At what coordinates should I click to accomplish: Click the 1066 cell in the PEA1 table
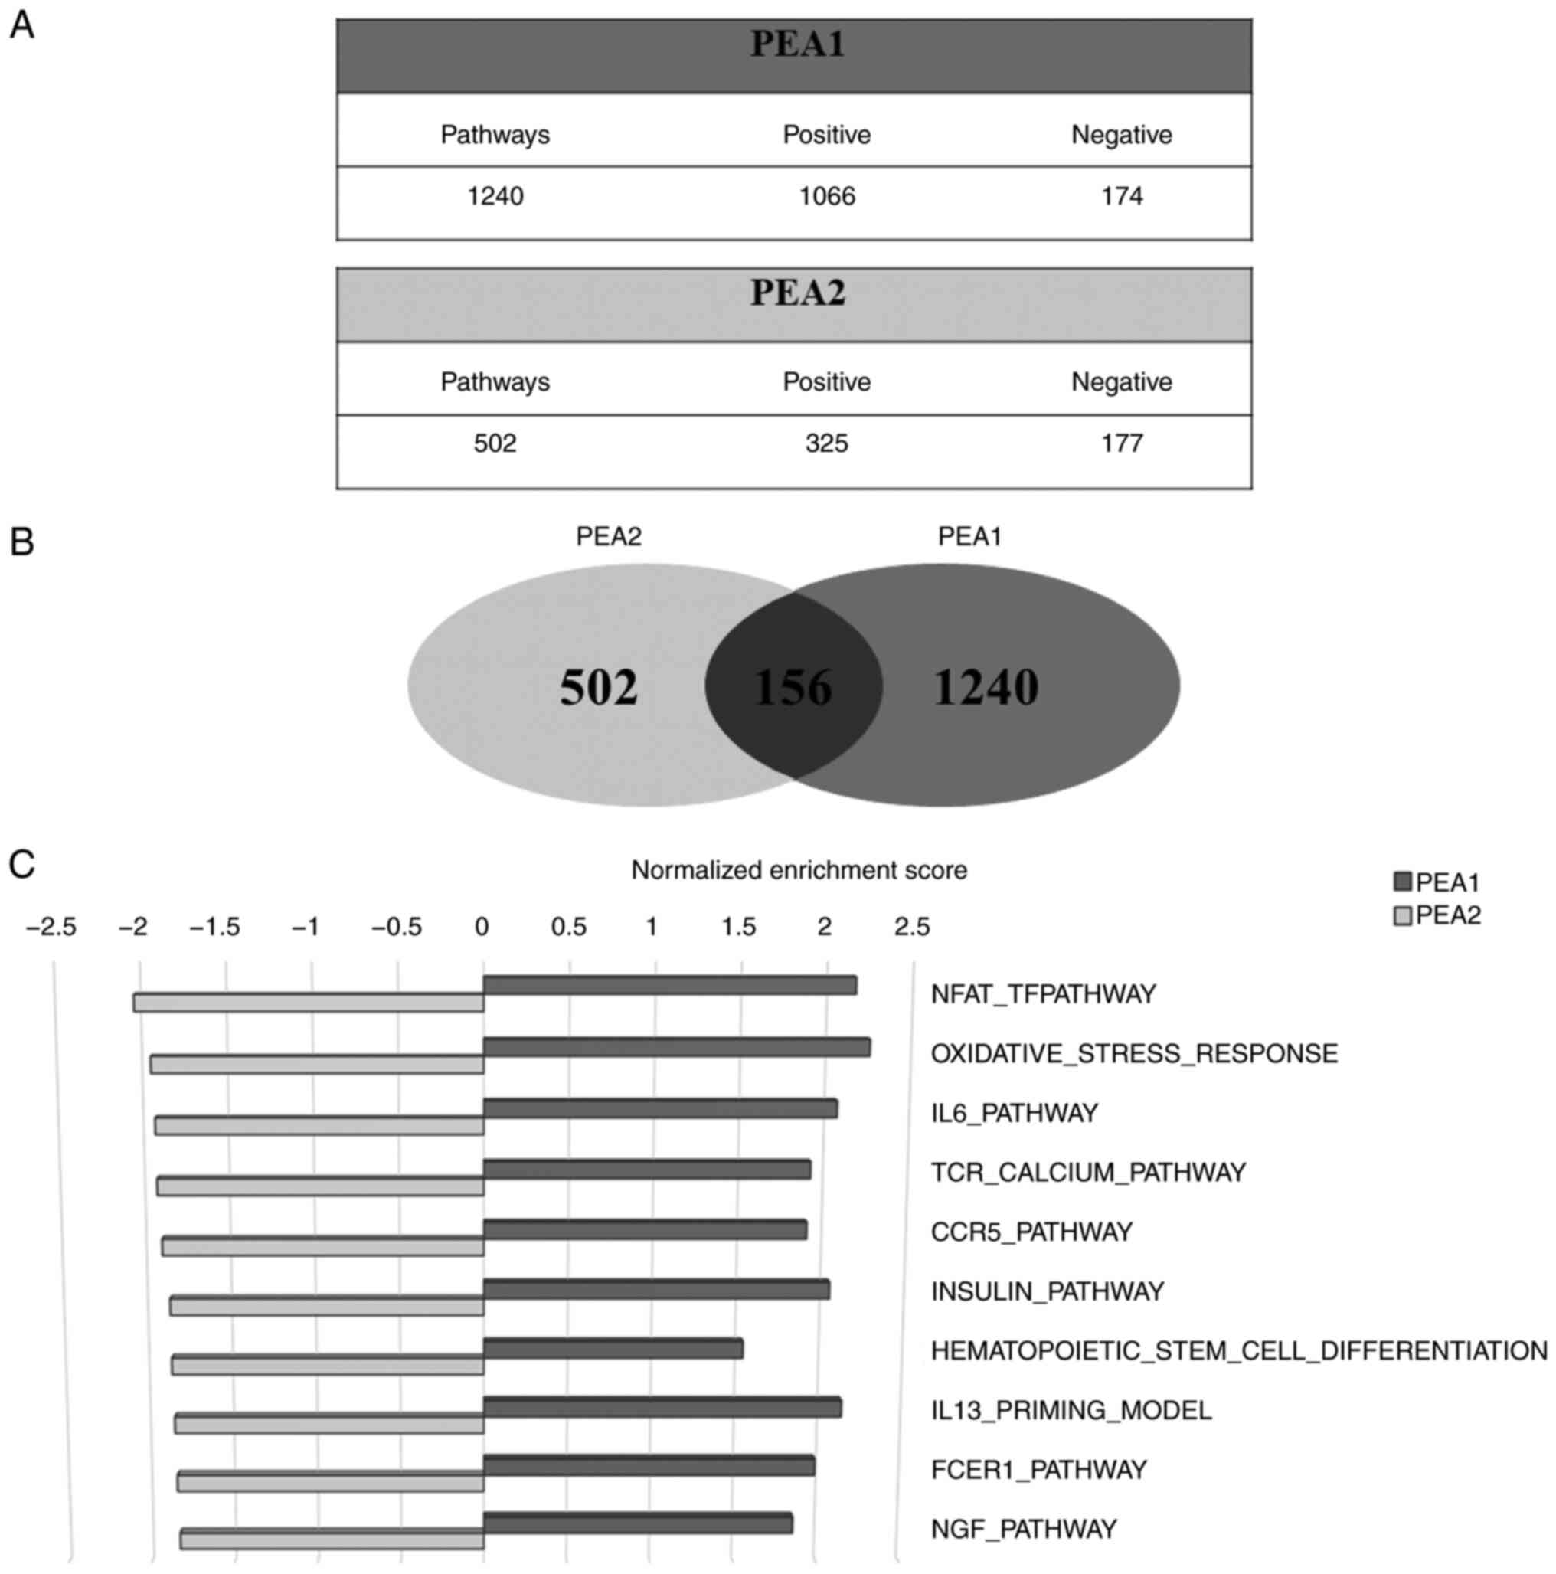(826, 196)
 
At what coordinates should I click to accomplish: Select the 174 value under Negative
(1121, 196)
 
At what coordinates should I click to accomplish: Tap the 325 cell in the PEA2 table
(826, 444)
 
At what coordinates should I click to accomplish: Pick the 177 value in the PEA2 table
(1121, 444)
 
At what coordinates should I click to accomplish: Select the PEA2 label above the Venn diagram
(609, 537)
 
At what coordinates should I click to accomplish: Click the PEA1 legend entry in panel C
(1437, 882)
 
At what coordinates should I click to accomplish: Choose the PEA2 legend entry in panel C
(1437, 916)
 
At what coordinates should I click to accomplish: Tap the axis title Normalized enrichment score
(799, 870)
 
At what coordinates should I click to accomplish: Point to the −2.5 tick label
(51, 926)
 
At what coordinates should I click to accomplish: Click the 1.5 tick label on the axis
(738, 926)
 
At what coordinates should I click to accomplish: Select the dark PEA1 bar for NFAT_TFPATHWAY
(670, 985)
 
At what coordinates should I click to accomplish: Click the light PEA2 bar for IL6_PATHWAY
(319, 1126)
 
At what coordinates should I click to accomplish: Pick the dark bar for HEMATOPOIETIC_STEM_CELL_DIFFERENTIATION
(613, 1349)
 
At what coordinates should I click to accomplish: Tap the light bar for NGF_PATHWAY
(332, 1539)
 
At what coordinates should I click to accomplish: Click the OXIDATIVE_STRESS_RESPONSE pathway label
(1134, 1054)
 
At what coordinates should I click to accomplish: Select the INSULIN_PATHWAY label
(1047, 1291)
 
